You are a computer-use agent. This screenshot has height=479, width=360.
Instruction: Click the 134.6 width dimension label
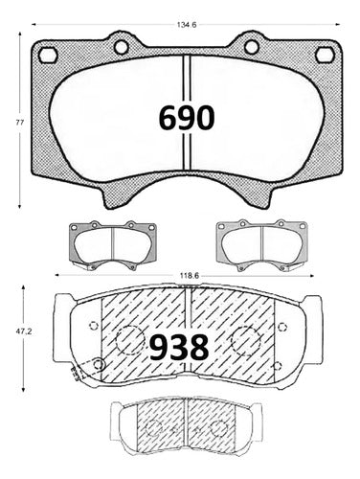click(187, 25)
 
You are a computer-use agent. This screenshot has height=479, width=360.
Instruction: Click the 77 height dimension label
click(20, 122)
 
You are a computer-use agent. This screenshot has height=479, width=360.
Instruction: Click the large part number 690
click(187, 118)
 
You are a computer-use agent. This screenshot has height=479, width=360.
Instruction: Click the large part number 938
click(179, 348)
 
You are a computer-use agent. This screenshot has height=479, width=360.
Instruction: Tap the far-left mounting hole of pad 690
click(48, 55)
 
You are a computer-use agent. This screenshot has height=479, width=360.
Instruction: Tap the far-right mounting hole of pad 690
click(325, 55)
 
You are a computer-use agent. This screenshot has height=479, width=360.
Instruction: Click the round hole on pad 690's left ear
click(122, 47)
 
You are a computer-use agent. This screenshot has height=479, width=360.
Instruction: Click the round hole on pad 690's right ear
click(252, 47)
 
